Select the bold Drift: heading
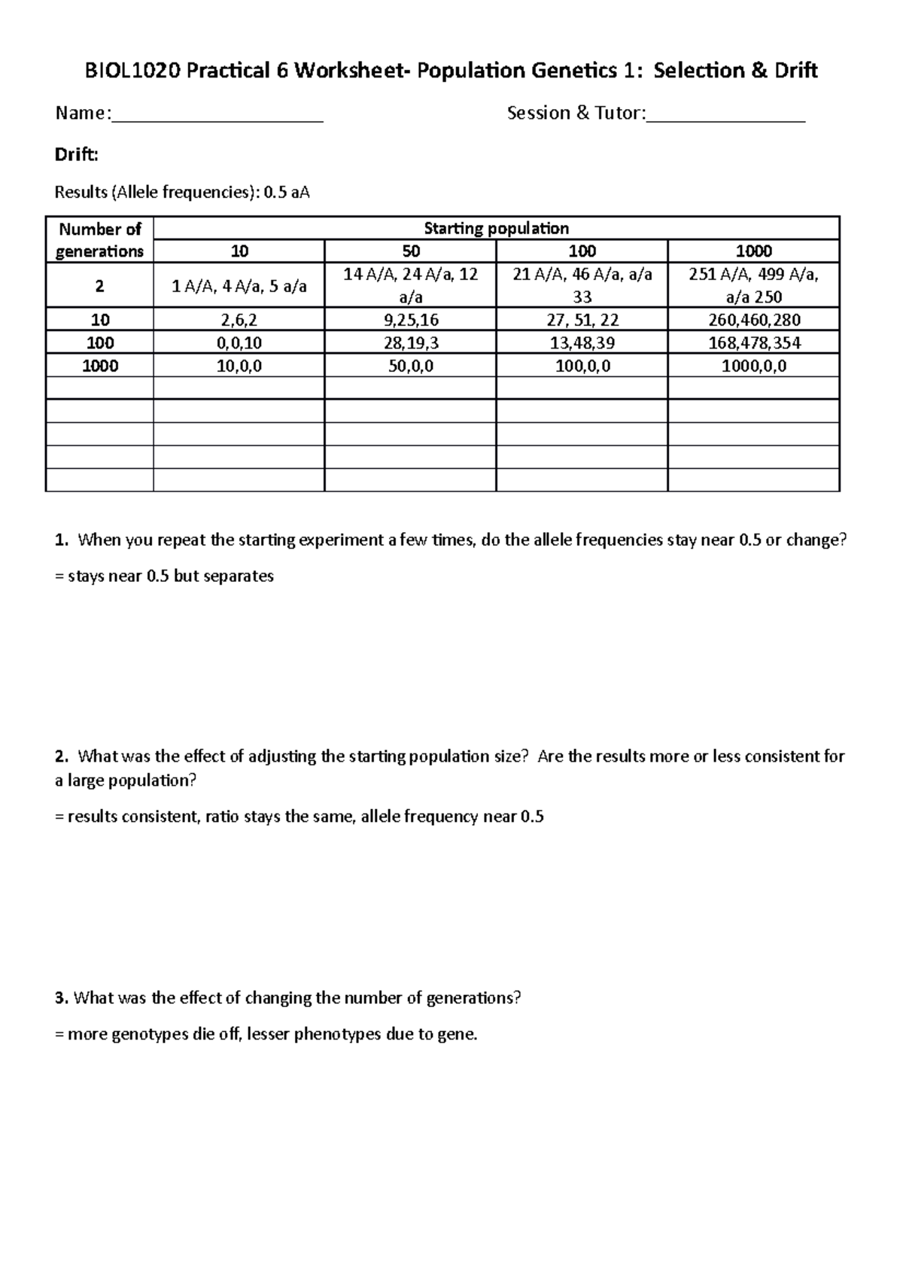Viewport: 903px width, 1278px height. (x=76, y=155)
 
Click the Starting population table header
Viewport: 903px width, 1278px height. (x=496, y=228)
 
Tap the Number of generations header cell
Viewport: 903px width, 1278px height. (x=99, y=240)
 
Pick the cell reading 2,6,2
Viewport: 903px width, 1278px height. (x=239, y=320)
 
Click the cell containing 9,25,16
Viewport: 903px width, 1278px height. (x=410, y=320)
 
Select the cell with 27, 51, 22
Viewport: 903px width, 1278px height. (x=582, y=320)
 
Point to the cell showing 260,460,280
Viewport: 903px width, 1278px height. (x=753, y=320)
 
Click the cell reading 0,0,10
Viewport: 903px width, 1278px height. (x=239, y=343)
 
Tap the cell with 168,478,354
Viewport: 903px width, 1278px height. (x=753, y=343)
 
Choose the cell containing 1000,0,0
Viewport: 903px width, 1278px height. (x=753, y=367)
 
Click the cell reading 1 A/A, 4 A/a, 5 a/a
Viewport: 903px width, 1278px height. (x=239, y=286)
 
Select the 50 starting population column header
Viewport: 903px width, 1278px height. (x=410, y=251)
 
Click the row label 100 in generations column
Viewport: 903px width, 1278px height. (x=99, y=343)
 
